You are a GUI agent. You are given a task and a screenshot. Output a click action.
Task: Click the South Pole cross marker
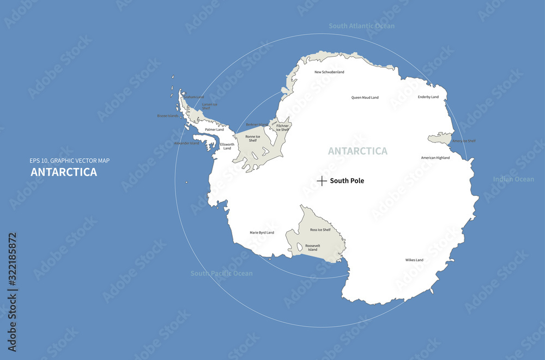322,181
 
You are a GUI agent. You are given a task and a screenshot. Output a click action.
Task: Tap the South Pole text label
347,181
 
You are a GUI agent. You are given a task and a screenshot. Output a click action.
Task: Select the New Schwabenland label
330,72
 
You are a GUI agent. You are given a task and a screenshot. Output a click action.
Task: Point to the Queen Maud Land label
365,98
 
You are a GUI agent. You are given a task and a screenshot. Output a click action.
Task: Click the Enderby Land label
428,97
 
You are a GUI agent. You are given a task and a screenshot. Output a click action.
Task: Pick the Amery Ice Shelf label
464,141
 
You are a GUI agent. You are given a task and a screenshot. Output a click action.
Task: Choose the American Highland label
435,158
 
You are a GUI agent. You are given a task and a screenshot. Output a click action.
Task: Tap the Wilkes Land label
414,260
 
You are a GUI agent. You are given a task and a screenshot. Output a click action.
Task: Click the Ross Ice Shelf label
320,230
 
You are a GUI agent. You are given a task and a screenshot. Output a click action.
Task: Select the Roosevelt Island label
313,248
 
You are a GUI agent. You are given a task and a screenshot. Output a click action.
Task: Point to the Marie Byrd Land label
262,232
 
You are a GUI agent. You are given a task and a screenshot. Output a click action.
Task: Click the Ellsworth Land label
227,146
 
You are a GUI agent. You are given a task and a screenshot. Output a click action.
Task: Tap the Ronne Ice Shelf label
253,139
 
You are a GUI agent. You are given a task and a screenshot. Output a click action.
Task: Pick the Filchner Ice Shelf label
282,128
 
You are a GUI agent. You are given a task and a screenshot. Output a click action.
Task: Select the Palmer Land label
214,130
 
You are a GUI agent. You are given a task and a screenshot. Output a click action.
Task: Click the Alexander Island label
186,143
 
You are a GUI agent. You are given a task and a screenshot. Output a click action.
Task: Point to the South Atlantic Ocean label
362,26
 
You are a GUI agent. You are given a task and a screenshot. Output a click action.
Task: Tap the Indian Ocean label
513,179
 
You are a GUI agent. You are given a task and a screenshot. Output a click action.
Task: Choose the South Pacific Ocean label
221,273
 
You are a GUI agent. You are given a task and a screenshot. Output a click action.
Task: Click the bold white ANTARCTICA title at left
64,172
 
